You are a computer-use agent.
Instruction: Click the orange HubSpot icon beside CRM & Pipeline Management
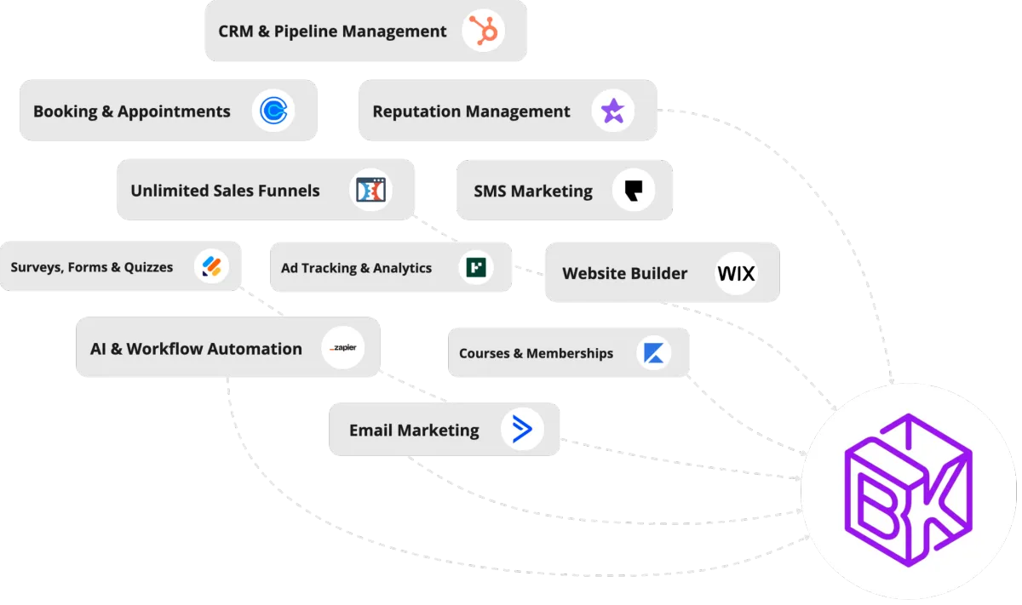[484, 31]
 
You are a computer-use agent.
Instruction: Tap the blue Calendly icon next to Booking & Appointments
[273, 111]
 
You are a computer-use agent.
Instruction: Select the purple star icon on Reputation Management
[612, 111]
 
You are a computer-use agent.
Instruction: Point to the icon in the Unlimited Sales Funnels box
[370, 190]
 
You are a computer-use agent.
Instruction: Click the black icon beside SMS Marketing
[633, 190]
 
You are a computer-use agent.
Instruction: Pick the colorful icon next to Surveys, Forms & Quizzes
[210, 267]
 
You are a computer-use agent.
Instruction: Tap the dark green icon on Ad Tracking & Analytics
[475, 267]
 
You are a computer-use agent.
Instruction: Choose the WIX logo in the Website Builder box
[736, 273]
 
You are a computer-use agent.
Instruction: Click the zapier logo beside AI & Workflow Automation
[343, 348]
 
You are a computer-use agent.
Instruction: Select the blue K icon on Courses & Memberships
[654, 353]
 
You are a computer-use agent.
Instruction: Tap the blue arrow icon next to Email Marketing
[522, 430]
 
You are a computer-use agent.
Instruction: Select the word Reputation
[415, 111]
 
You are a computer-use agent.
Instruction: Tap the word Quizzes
[146, 267]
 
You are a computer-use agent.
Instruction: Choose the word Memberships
[570, 353]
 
